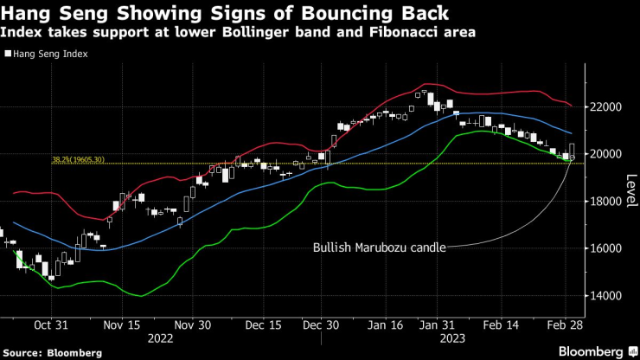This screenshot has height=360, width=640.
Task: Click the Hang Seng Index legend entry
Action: [51, 53]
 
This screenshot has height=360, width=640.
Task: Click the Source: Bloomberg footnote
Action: [52, 353]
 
